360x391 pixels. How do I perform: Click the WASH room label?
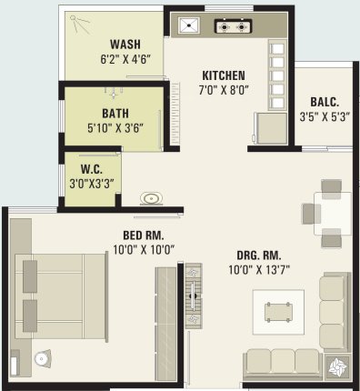(125, 45)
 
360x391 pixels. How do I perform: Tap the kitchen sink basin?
(189, 25)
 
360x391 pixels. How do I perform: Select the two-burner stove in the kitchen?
(233, 26)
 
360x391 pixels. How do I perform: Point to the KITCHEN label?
(224, 75)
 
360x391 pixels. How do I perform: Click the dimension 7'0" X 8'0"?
(224, 90)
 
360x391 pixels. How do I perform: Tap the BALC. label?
(325, 102)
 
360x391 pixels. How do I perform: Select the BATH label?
(115, 114)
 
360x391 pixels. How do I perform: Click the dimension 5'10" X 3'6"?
(115, 128)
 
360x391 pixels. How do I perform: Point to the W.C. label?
(92, 169)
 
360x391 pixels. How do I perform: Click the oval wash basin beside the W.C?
(151, 198)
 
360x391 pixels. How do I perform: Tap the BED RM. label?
(143, 236)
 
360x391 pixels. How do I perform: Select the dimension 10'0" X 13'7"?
(259, 269)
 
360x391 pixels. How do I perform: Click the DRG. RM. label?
(259, 256)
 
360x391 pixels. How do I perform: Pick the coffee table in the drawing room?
(278, 312)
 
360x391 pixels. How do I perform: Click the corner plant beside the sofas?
(337, 366)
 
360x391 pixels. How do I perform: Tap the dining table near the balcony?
(333, 213)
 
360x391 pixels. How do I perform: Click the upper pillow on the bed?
(30, 276)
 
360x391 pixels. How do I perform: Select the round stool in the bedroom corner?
(42, 359)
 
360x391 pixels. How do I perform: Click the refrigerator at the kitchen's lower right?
(272, 128)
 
